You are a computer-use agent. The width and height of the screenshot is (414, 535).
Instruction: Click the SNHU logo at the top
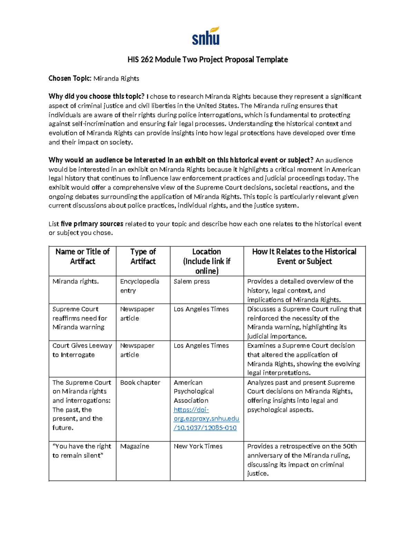206,36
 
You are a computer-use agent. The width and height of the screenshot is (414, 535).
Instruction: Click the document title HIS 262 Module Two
207,60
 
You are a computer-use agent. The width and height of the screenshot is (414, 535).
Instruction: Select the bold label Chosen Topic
70,79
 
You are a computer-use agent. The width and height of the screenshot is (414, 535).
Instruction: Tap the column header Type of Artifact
143,256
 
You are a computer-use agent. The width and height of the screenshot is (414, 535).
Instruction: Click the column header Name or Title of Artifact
82,256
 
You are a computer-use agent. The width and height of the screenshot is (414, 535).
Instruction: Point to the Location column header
206,261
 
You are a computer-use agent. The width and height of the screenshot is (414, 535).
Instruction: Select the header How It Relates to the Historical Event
304,256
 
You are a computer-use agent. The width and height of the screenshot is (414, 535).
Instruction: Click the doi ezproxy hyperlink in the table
206,419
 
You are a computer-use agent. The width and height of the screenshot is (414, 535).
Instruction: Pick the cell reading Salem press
191,281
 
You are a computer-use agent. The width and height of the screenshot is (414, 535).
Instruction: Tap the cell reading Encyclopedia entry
139,286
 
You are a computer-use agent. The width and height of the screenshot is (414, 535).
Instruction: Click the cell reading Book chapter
140,382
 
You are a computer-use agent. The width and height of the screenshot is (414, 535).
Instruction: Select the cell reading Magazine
135,446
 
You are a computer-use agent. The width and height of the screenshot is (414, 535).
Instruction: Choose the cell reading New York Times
198,446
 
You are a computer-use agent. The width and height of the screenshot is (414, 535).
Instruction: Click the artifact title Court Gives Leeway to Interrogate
82,350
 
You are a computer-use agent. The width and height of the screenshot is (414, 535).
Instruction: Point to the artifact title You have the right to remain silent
82,451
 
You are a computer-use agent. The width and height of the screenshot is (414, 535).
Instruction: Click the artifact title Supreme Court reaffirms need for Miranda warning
80,318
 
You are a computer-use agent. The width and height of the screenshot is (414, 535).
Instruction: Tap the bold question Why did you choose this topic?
96,96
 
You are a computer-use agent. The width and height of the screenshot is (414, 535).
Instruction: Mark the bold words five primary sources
92,224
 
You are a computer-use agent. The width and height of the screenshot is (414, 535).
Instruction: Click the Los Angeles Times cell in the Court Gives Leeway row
201,346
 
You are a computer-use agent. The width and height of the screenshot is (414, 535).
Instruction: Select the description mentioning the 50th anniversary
302,460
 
